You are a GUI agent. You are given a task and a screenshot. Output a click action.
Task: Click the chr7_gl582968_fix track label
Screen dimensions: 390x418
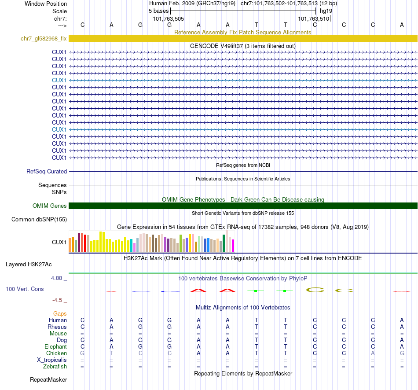coord(44,39)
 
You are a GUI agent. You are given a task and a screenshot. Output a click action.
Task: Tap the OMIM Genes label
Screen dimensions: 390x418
coord(50,206)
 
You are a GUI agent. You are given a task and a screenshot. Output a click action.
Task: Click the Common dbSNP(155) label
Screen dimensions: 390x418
coord(39,219)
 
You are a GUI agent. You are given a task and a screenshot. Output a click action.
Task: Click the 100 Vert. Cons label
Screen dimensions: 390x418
coord(25,289)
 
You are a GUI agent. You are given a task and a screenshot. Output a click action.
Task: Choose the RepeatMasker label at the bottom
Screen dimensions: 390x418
coord(48,379)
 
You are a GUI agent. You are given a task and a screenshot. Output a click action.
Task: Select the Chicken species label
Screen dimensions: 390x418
coord(56,353)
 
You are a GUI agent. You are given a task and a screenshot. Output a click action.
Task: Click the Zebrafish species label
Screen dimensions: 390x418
coord(55,367)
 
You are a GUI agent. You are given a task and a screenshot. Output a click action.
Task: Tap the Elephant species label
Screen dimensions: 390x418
coord(55,347)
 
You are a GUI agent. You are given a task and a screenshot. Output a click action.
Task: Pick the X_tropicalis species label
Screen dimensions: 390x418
coord(52,360)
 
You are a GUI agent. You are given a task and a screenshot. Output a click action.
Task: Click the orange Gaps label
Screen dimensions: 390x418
coord(60,313)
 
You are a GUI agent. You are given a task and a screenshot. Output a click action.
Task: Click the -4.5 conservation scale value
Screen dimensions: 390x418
coord(59,300)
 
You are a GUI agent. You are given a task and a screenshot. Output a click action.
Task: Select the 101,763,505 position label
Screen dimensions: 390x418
coord(169,18)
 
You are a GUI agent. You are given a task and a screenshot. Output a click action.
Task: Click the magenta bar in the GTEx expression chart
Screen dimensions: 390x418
coord(233,246)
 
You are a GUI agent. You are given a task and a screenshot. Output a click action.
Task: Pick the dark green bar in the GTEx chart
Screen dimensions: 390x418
coord(224,243)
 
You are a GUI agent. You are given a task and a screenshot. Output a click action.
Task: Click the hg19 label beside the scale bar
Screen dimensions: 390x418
coord(326,11)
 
